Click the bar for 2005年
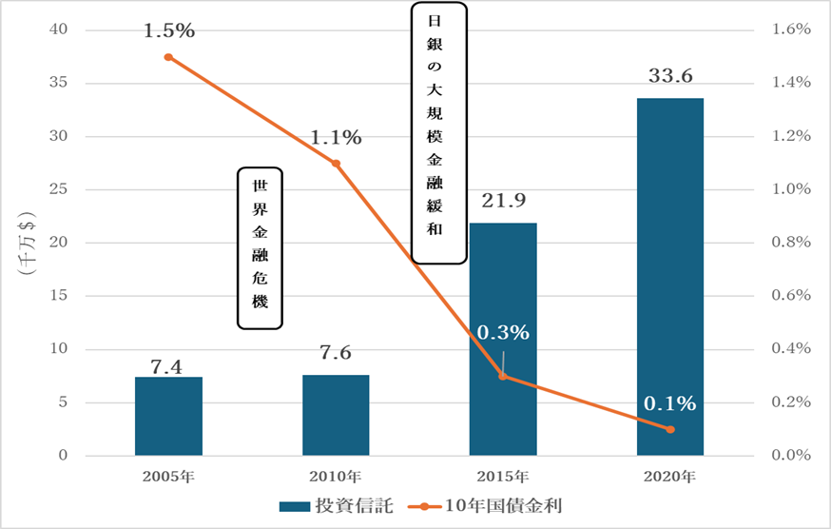[x=168, y=416]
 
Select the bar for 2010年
[x=336, y=415]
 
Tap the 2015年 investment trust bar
[x=503, y=339]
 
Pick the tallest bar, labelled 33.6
[x=670, y=276]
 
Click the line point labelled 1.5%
[x=168, y=57]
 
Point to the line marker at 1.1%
[x=336, y=164]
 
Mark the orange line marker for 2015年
[x=503, y=376]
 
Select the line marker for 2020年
[x=670, y=429]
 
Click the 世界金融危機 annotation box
[x=260, y=248]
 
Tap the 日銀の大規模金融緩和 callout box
[x=439, y=132]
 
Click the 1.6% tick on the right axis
[x=791, y=29]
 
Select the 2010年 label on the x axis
[x=336, y=475]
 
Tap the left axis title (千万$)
[x=26, y=243]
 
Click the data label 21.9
[x=503, y=201]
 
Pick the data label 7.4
[x=168, y=365]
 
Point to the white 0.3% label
[x=502, y=333]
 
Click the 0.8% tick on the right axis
[x=791, y=243]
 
